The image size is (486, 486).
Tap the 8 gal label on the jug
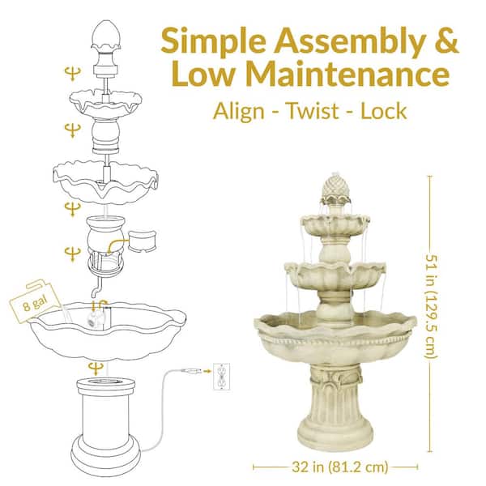click(x=28, y=305)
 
